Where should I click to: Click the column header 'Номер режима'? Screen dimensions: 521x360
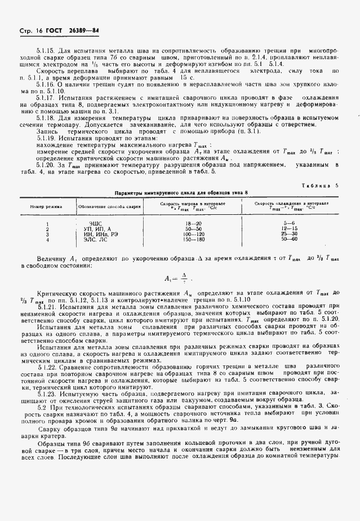coord(47,206)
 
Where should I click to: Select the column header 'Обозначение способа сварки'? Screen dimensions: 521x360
coord(109,206)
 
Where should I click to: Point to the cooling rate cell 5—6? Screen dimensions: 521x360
coord(290,224)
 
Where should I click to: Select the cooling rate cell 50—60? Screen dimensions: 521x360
coord(290,239)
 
